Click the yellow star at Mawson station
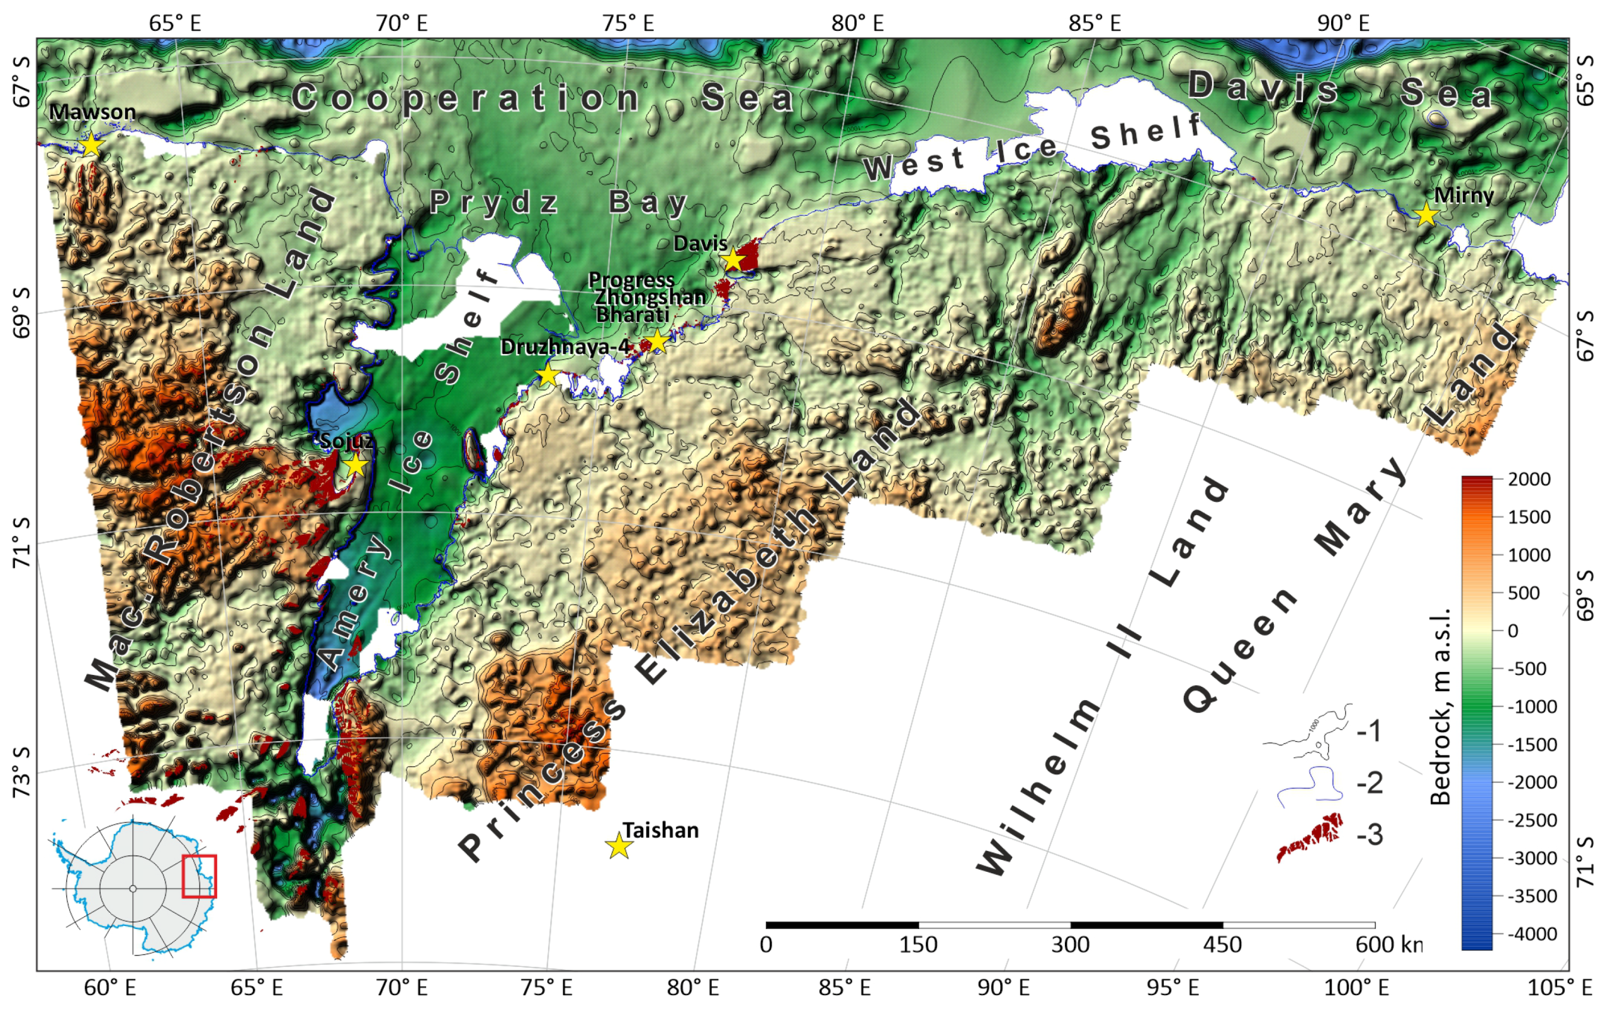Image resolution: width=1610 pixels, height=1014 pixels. pyautogui.click(x=91, y=145)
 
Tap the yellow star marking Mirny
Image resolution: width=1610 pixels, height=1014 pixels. pyautogui.click(x=1426, y=214)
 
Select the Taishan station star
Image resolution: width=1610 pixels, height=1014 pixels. pyautogui.click(x=619, y=847)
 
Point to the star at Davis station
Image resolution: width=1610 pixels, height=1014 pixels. pyautogui.click(x=733, y=259)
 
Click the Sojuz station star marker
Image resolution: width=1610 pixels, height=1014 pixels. pyautogui.click(x=356, y=464)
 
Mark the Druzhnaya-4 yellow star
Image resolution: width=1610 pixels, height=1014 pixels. pyautogui.click(x=548, y=374)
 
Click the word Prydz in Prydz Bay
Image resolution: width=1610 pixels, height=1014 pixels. pyautogui.click(x=493, y=202)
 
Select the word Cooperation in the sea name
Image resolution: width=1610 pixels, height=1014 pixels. pyautogui.click(x=466, y=98)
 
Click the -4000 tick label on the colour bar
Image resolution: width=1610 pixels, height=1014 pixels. pyautogui.click(x=1528, y=933)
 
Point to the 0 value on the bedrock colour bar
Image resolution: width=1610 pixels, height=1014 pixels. pyautogui.click(x=1512, y=631)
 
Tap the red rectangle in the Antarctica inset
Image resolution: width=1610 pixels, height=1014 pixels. pyautogui.click(x=200, y=876)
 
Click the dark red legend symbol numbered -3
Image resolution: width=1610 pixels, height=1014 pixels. pyautogui.click(x=1309, y=835)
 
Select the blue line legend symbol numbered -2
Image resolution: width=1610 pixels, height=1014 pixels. pyautogui.click(x=1309, y=783)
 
